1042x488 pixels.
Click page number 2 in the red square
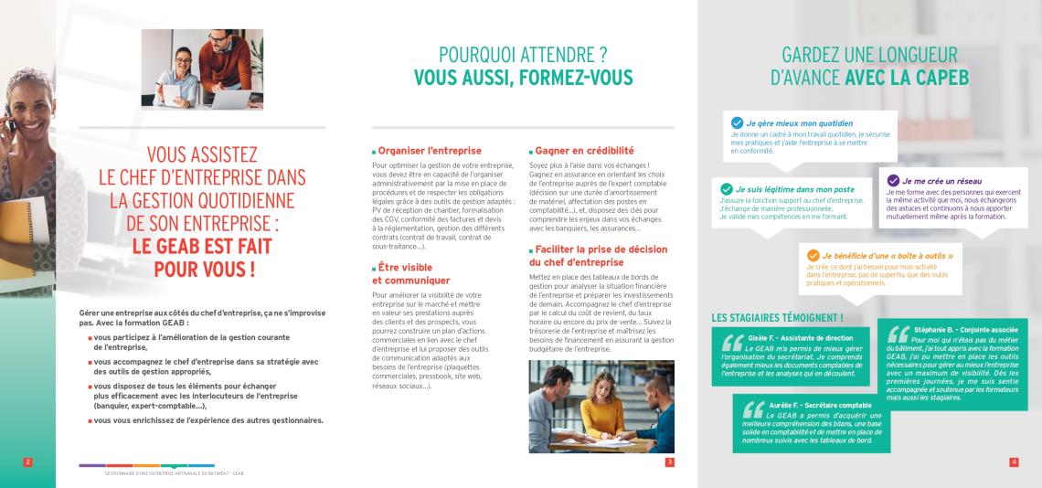click(x=27, y=462)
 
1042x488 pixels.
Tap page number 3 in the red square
click(x=669, y=462)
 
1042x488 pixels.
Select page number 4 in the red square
click(x=1014, y=462)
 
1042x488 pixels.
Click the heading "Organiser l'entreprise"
click(x=430, y=150)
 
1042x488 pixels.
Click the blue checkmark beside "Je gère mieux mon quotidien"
click(x=737, y=122)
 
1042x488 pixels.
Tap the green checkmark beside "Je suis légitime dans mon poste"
click(x=727, y=188)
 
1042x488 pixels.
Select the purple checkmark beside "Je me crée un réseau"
click(x=893, y=181)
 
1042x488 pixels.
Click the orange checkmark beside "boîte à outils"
click(x=813, y=255)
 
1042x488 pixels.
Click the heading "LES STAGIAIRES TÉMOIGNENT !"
click(x=777, y=317)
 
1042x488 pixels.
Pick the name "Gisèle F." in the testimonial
click(x=764, y=337)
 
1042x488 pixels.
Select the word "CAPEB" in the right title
click(x=937, y=78)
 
